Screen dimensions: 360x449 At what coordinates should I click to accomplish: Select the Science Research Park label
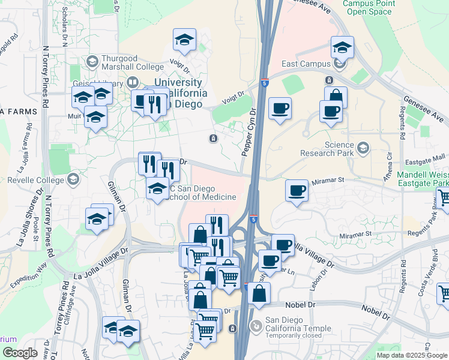[338, 149]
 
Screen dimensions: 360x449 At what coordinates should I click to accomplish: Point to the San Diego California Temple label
[298, 328]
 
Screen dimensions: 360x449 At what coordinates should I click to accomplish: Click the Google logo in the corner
[20, 353]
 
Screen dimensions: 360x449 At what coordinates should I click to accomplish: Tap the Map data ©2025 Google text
[411, 355]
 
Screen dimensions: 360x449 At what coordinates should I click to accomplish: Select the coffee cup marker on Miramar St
[297, 191]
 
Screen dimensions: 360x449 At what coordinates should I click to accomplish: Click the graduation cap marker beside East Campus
[342, 47]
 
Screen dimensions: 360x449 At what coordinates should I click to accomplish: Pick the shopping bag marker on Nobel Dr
[259, 294]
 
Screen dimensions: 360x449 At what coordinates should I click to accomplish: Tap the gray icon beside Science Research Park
[363, 147]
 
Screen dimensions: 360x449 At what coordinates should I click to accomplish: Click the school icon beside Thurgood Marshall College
[92, 61]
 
